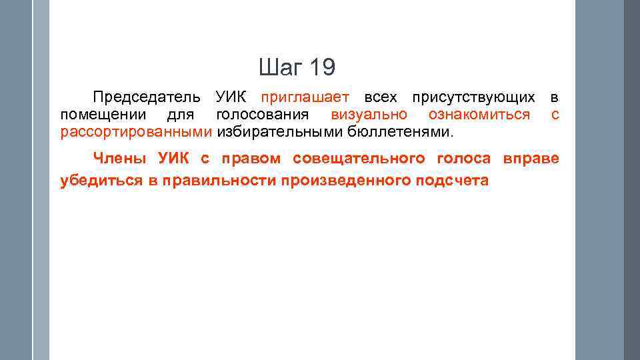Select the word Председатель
point(146,98)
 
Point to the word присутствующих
point(473,98)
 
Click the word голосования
point(263,115)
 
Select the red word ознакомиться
point(479,115)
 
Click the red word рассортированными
point(136,131)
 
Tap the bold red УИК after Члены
point(175,159)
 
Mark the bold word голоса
point(464,159)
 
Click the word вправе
point(531,159)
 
